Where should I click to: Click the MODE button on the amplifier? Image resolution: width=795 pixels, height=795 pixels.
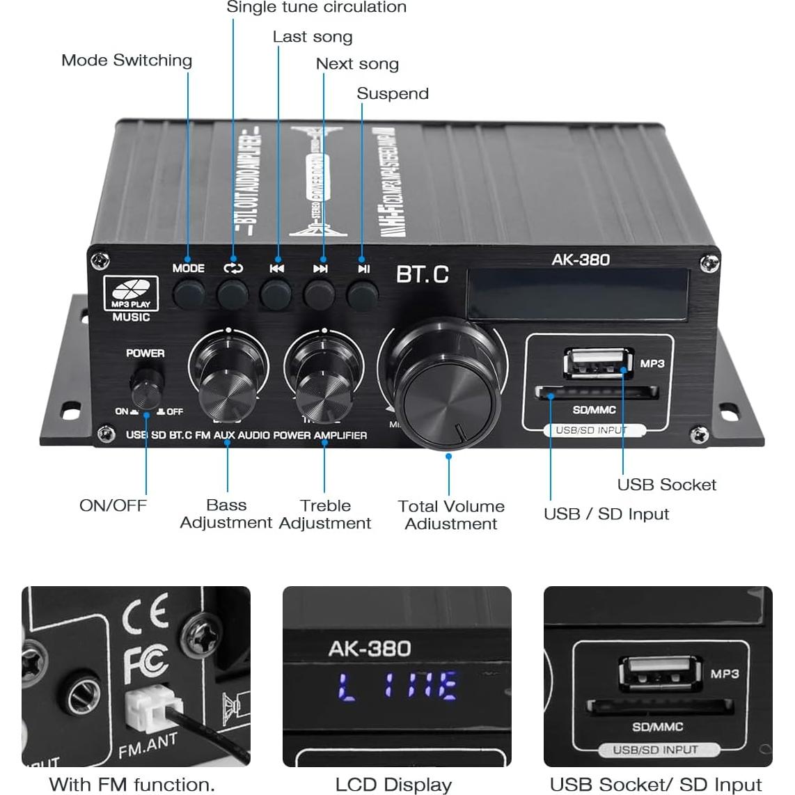pos(189,294)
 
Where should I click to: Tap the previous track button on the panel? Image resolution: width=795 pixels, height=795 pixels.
pos(276,294)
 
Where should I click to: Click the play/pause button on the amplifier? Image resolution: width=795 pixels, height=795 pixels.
pos(362,294)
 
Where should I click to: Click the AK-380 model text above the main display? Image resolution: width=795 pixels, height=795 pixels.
pos(581,260)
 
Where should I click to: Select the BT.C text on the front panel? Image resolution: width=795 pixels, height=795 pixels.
pos(423,274)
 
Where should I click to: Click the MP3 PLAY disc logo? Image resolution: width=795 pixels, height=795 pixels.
pos(131,293)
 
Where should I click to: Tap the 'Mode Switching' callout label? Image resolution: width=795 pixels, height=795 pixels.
pos(127,61)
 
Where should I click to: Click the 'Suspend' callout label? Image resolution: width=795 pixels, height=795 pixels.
pos(393,94)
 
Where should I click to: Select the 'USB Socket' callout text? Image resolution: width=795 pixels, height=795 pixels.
pos(666,485)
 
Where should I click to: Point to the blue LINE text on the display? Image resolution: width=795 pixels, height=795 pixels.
pos(397,687)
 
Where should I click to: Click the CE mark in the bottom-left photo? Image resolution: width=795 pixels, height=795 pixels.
pos(145,613)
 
